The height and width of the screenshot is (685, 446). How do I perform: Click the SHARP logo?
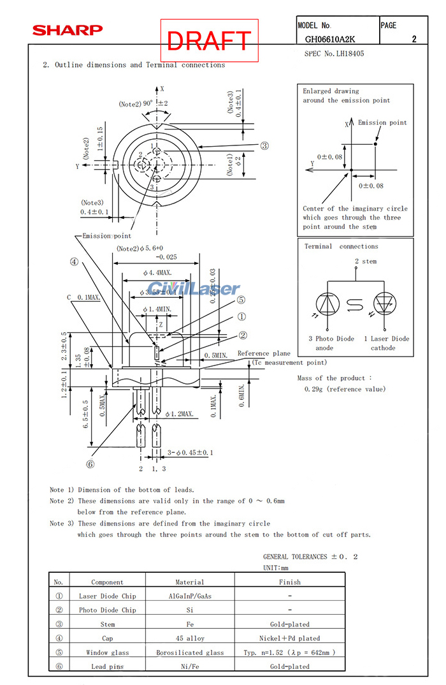point(67,30)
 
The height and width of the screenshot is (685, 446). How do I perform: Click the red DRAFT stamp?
point(209,40)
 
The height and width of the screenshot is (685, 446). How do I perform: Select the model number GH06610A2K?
point(334,39)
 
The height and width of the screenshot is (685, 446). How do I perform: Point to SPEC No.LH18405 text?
point(334,54)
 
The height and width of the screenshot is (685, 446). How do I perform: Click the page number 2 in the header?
point(414,39)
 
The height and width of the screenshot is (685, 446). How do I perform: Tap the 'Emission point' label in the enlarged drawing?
point(382,122)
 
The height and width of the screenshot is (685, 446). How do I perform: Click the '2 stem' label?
point(365,261)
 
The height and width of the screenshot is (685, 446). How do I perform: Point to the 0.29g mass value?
point(341,389)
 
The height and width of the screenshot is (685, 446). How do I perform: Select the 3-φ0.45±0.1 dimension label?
point(190,453)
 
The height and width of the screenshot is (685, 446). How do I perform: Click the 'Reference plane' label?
point(264,353)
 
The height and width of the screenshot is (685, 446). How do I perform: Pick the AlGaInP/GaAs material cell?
point(190,596)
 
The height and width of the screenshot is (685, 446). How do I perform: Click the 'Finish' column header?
point(289,582)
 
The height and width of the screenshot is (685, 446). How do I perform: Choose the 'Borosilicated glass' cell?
point(190,652)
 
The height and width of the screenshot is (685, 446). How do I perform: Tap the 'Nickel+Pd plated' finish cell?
point(289,638)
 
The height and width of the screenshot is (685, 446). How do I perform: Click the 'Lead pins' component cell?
point(107,667)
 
